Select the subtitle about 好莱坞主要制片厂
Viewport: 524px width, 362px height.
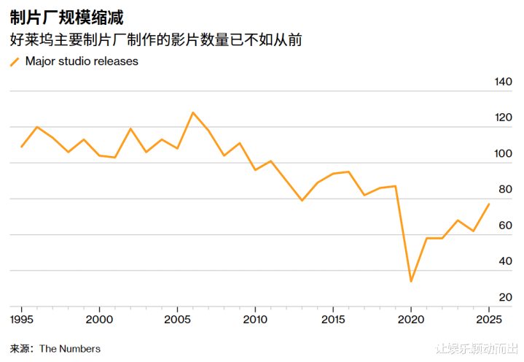pyautogui.click(x=156, y=41)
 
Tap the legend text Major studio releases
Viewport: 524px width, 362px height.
pyautogui.click(x=82, y=62)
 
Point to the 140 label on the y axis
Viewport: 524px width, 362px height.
pyautogui.click(x=504, y=82)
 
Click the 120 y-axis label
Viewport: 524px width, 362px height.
pyautogui.click(x=504, y=118)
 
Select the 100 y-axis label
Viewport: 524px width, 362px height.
pyautogui.click(x=504, y=154)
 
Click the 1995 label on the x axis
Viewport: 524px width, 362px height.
pyautogui.click(x=21, y=320)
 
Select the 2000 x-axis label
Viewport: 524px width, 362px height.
pyautogui.click(x=99, y=320)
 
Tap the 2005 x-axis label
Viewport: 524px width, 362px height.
pyautogui.click(x=177, y=320)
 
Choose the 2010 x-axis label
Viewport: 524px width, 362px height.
pyautogui.click(x=255, y=320)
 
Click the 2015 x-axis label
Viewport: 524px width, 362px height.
pyautogui.click(x=333, y=320)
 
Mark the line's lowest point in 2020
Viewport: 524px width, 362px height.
pyautogui.click(x=411, y=281)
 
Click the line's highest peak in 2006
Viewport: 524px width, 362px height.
pyautogui.click(x=192, y=112)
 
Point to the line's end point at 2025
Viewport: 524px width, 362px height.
pyautogui.click(x=489, y=204)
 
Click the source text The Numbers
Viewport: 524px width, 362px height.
pyautogui.click(x=70, y=349)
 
